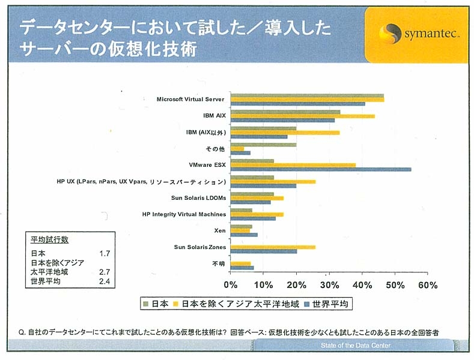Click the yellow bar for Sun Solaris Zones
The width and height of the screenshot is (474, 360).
pos(273,247)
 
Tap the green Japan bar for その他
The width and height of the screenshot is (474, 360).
pos(263,145)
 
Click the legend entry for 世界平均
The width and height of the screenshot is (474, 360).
pos(327,304)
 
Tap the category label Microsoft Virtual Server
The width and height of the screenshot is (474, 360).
pos(190,99)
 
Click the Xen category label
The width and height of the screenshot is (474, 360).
pos(220,230)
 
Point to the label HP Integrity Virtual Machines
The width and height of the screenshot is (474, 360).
pos(184,214)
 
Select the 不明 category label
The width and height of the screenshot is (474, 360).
pos(219,263)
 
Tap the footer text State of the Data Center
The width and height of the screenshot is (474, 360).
pos(356,346)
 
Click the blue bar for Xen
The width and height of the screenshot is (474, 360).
pos(244,235)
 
